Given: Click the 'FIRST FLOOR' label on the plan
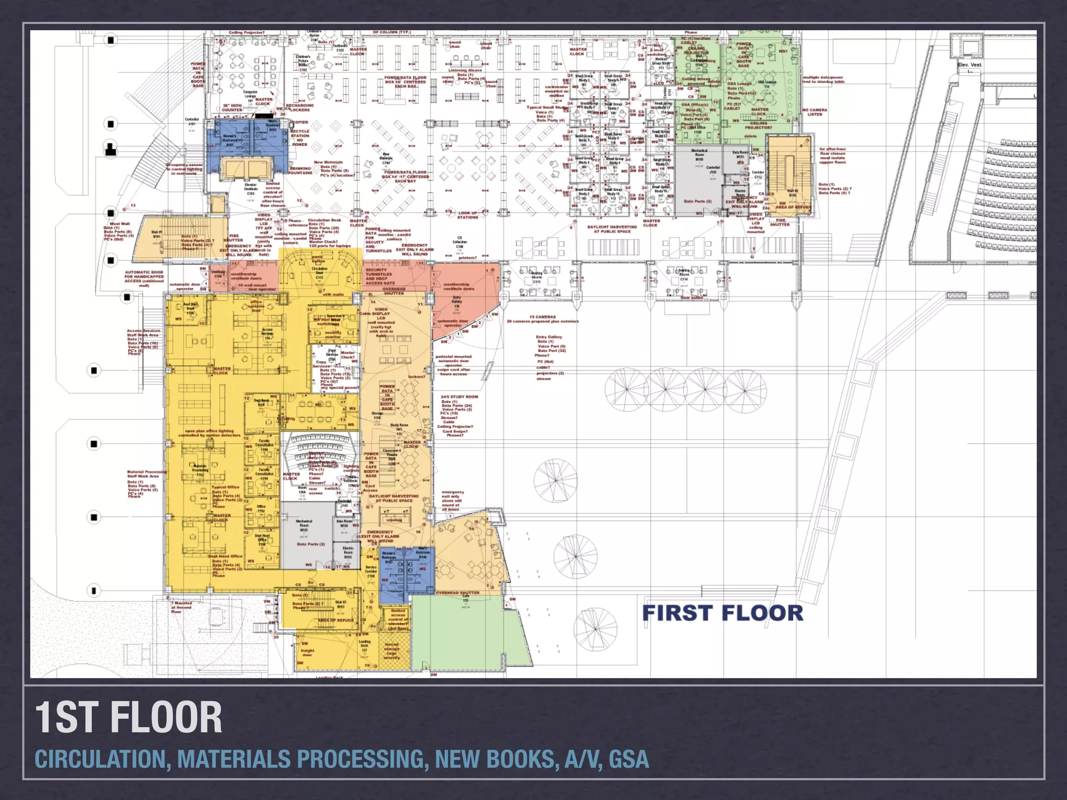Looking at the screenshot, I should (723, 613).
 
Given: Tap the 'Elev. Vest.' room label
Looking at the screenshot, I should (970, 65).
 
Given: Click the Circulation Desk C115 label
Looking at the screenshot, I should (319, 273).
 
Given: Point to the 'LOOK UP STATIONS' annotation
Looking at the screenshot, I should (467, 215).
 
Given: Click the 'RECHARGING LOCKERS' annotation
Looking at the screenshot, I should (300, 107).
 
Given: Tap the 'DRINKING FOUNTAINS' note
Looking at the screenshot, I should (300, 171).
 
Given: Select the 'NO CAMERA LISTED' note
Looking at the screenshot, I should (815, 112).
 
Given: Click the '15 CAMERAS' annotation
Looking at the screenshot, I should (542, 317).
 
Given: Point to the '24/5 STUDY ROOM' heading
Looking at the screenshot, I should (459, 397).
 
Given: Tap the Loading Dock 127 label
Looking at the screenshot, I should (365, 646).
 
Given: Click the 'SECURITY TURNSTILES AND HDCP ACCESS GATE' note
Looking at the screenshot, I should (380, 277).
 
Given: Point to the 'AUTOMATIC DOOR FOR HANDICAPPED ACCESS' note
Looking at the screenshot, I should (144, 279).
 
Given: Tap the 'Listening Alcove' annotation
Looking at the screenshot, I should (465, 70).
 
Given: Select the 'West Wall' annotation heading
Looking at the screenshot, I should (119, 224).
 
